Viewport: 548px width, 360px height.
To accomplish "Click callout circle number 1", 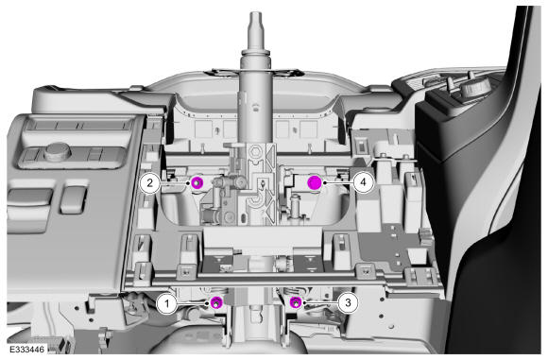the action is [x=167, y=303].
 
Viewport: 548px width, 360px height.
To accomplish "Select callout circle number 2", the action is [x=150, y=182].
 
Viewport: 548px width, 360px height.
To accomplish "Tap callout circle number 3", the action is [x=348, y=302].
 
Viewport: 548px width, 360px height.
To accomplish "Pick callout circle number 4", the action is [x=364, y=182].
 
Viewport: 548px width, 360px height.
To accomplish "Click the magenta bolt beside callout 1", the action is [x=216, y=302].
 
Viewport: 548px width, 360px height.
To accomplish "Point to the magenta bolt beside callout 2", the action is [x=197, y=182].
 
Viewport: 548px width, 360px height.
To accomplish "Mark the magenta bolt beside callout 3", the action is [x=296, y=302].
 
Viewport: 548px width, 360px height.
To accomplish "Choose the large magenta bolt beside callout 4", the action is [x=315, y=182].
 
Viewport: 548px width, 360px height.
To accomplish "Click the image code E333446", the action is [x=26, y=350].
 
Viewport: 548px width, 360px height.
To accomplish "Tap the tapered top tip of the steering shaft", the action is [x=255, y=15].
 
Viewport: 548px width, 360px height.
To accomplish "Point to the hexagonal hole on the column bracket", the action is [x=255, y=152].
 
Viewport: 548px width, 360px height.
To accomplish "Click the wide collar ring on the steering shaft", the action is [x=255, y=52].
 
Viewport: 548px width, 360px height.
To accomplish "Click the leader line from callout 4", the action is [x=338, y=182].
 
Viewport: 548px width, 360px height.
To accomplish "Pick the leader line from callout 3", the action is [x=321, y=303].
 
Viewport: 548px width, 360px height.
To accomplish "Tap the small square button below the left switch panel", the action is [x=74, y=199].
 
